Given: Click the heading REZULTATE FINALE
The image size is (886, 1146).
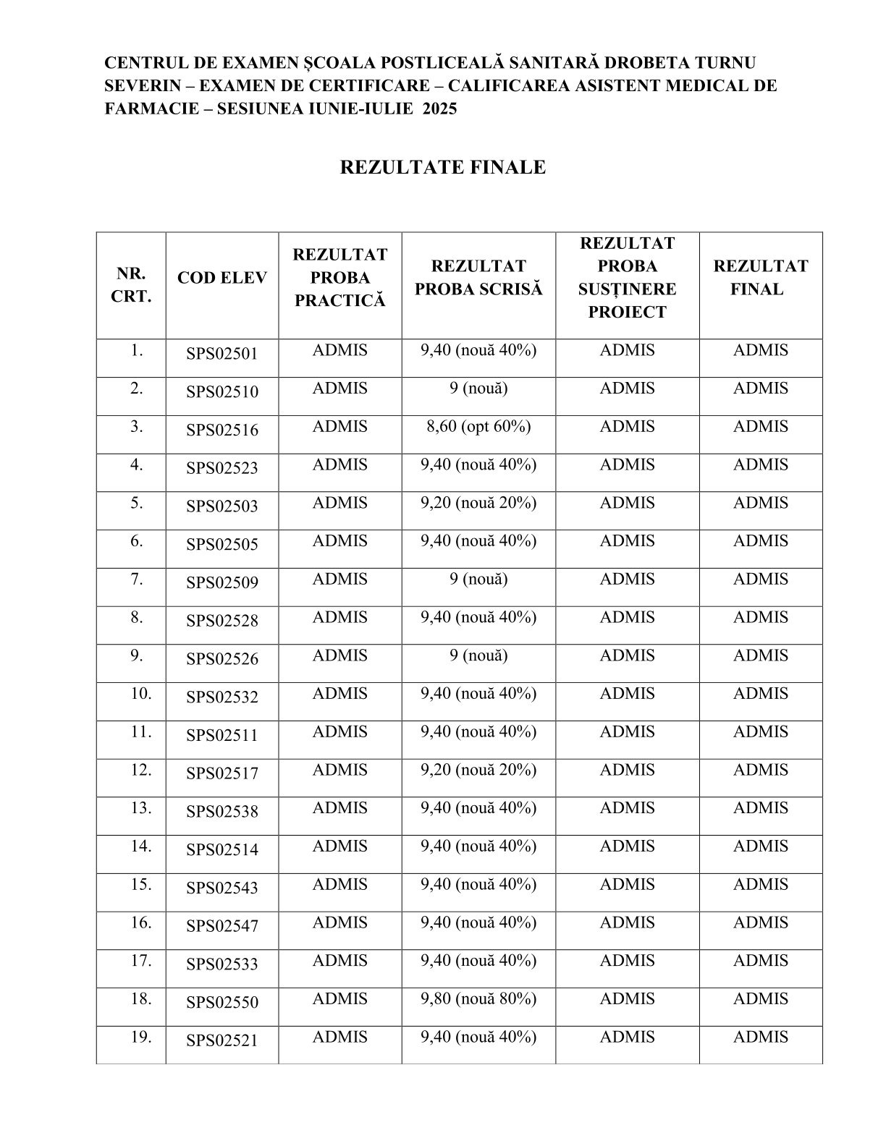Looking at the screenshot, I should (442, 168).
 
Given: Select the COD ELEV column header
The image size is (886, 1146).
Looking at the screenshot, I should (222, 279).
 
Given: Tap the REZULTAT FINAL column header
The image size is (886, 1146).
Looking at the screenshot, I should (760, 278).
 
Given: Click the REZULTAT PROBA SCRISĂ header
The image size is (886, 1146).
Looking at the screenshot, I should (478, 278).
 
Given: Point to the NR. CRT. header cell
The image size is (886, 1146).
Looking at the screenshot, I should (130, 286).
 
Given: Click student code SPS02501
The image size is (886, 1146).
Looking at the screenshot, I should (222, 354).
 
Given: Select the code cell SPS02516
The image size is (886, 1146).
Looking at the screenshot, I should (222, 430).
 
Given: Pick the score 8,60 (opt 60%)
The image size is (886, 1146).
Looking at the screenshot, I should (478, 427).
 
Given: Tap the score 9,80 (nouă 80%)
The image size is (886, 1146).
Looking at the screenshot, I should (478, 999).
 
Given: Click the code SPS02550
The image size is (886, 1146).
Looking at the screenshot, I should (222, 1003).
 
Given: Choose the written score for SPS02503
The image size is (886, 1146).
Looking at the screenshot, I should (478, 503).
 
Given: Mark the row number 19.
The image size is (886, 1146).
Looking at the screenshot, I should (141, 1037).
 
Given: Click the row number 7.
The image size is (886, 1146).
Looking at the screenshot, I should (137, 580).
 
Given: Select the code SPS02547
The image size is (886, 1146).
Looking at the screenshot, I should (222, 926).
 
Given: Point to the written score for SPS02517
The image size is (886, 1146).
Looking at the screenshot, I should (478, 770).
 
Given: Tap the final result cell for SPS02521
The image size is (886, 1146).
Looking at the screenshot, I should (760, 1037).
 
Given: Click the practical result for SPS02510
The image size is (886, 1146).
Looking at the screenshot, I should (339, 389).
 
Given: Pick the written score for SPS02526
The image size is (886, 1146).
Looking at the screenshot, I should (478, 655).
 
